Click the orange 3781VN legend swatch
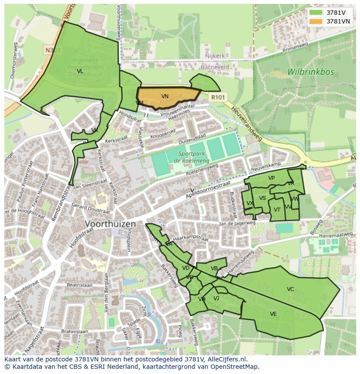pos(316,21)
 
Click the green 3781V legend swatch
pos(316,13)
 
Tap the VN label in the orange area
pos(165,96)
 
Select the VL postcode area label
pos(80,71)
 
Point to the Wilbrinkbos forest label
pos(310,72)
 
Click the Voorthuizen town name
pos(110,224)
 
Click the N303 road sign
pos(53,50)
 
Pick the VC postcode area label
pos(290,289)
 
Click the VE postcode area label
pos(273,314)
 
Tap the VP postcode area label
pos(271,178)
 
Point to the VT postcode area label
pos(277,210)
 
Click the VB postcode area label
pos(214,268)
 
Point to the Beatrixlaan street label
pos(80,285)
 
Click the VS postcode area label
pos(262,198)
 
